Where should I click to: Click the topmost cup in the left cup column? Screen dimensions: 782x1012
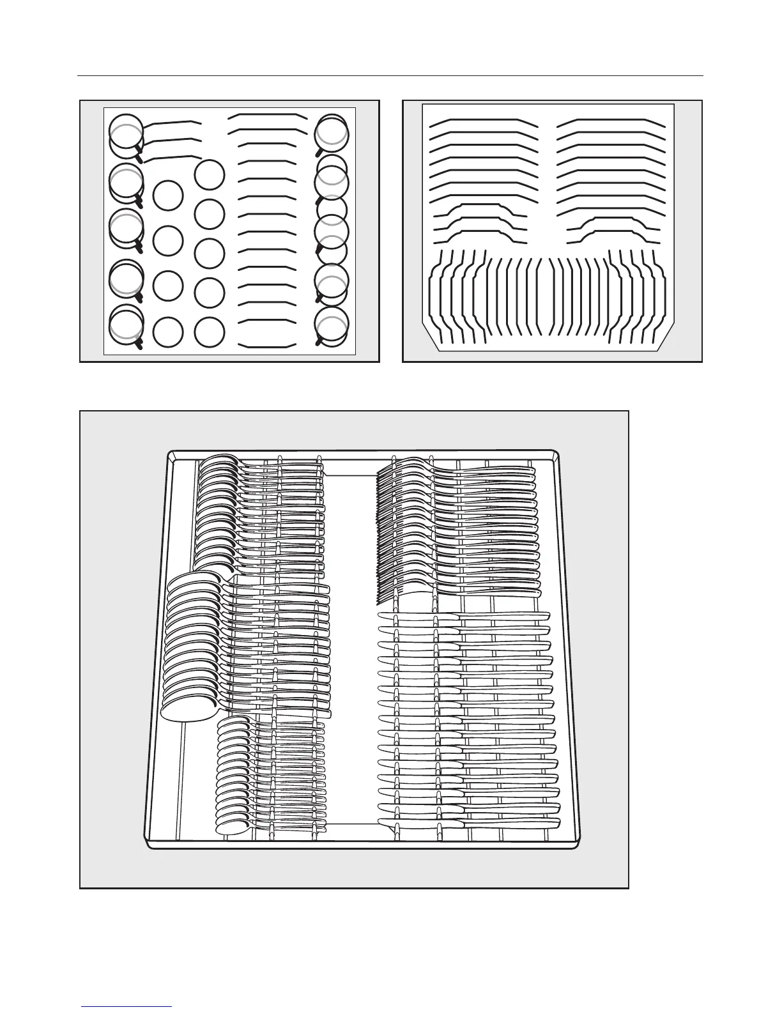(x=126, y=132)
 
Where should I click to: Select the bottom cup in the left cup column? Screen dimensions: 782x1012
(x=126, y=324)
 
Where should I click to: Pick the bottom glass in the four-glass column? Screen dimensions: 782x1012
(x=169, y=332)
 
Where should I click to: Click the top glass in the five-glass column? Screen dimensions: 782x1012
(x=210, y=174)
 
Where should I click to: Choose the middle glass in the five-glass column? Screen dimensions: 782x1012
(x=210, y=253)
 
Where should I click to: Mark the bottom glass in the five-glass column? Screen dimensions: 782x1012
(x=210, y=332)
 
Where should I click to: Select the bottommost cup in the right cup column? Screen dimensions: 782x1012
(x=332, y=325)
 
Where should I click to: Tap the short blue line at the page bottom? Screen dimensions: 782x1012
(x=127, y=1006)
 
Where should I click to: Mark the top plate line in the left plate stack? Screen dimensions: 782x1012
(x=483, y=121)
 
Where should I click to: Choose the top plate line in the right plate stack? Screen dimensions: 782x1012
(x=611, y=121)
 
